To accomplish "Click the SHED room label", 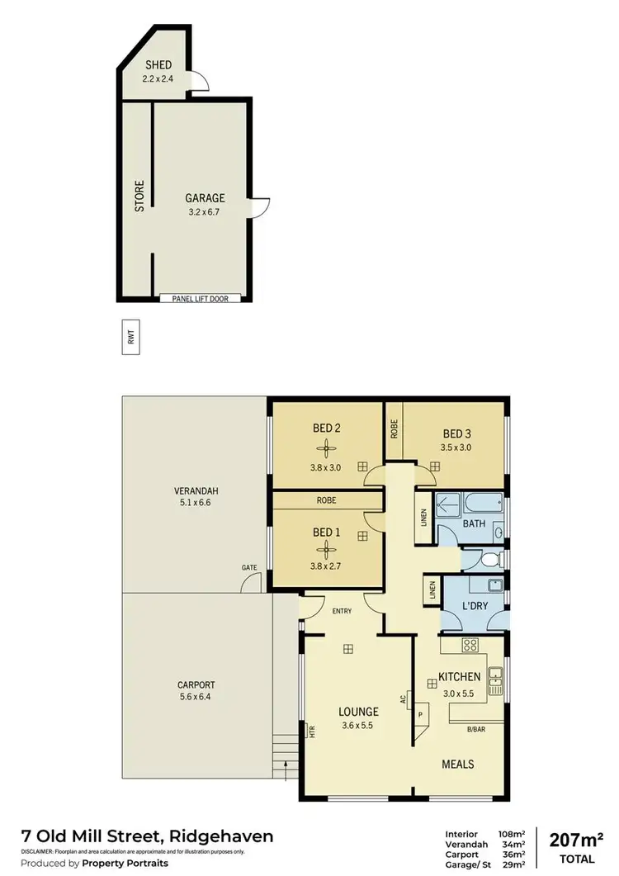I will [x=158, y=65].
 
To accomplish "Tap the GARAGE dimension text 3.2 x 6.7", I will [x=205, y=211].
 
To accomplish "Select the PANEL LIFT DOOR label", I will [x=201, y=298].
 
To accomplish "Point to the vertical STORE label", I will [x=139, y=196].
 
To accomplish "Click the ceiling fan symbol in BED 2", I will [x=327, y=449].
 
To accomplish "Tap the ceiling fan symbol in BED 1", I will [x=327, y=545].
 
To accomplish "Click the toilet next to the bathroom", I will [x=489, y=560].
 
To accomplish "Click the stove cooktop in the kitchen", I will [x=470, y=646].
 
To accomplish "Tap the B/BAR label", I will [x=475, y=729].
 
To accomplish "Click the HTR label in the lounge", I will [x=311, y=731].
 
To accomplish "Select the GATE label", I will [x=248, y=567].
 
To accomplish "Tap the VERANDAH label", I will [x=196, y=490].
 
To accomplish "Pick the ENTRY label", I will [x=342, y=611].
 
